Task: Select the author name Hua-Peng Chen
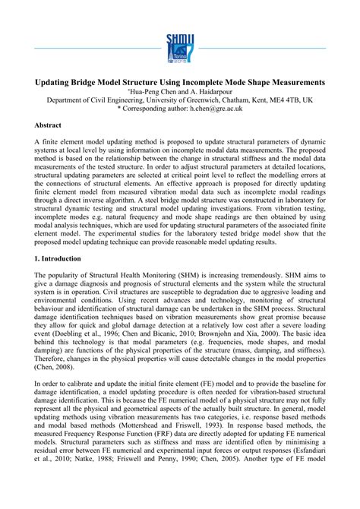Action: click(156, 90)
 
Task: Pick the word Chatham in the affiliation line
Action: click(235, 99)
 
